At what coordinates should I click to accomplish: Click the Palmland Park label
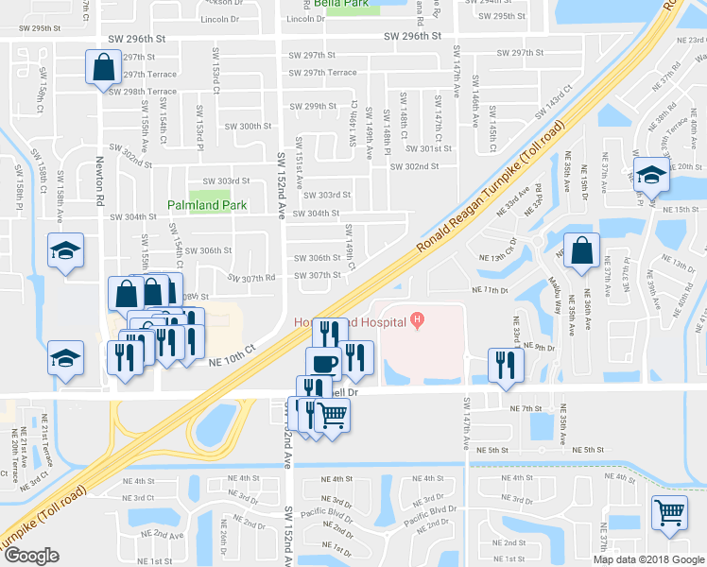(207, 204)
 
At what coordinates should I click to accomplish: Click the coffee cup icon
(323, 363)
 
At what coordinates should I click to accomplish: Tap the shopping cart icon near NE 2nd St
(669, 511)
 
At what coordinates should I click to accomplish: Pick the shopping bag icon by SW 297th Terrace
(102, 67)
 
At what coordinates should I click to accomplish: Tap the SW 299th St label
(314, 107)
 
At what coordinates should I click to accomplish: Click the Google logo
(31, 556)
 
